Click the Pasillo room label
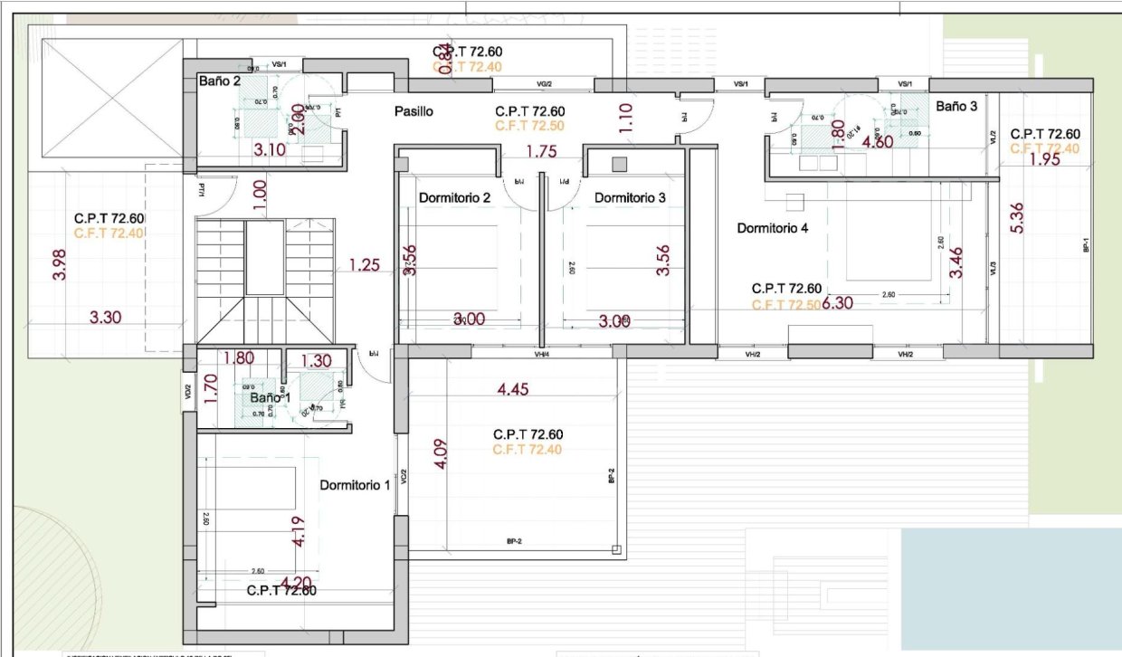tap(414, 112)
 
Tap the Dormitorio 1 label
tap(355, 485)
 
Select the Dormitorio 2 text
tap(454, 197)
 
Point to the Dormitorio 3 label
tap(630, 197)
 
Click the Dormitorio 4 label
tap(772, 228)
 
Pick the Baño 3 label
tap(956, 106)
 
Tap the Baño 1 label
tap(268, 397)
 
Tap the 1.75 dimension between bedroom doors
tap(541, 152)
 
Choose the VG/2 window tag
tap(544, 84)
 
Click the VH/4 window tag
tap(542, 355)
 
